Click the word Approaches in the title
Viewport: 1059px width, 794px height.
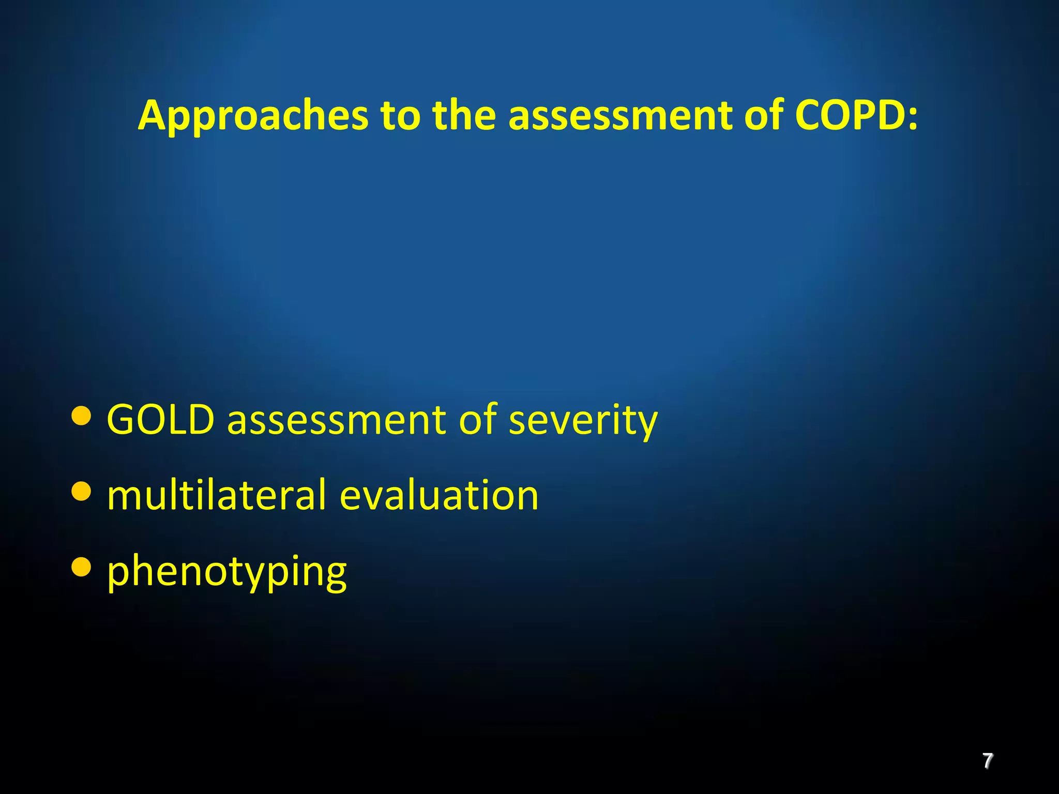(x=253, y=116)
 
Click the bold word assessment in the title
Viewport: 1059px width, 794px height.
(x=621, y=116)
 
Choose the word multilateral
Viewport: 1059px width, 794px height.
(x=217, y=495)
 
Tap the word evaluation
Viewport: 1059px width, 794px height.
(x=439, y=495)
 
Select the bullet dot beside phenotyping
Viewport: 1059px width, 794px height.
(x=81, y=567)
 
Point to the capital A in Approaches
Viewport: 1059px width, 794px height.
(x=154, y=116)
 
